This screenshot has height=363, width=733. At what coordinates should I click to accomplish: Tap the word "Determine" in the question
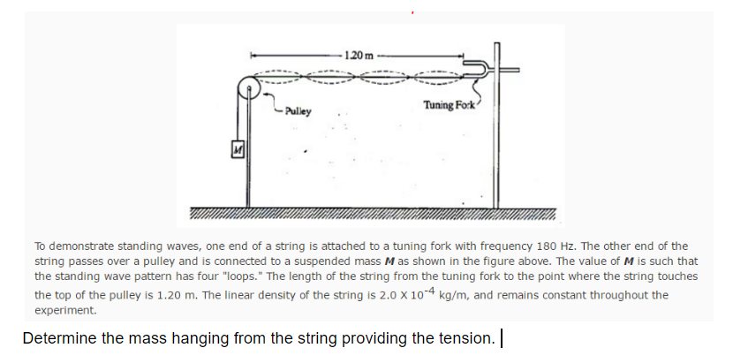click(60, 338)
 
